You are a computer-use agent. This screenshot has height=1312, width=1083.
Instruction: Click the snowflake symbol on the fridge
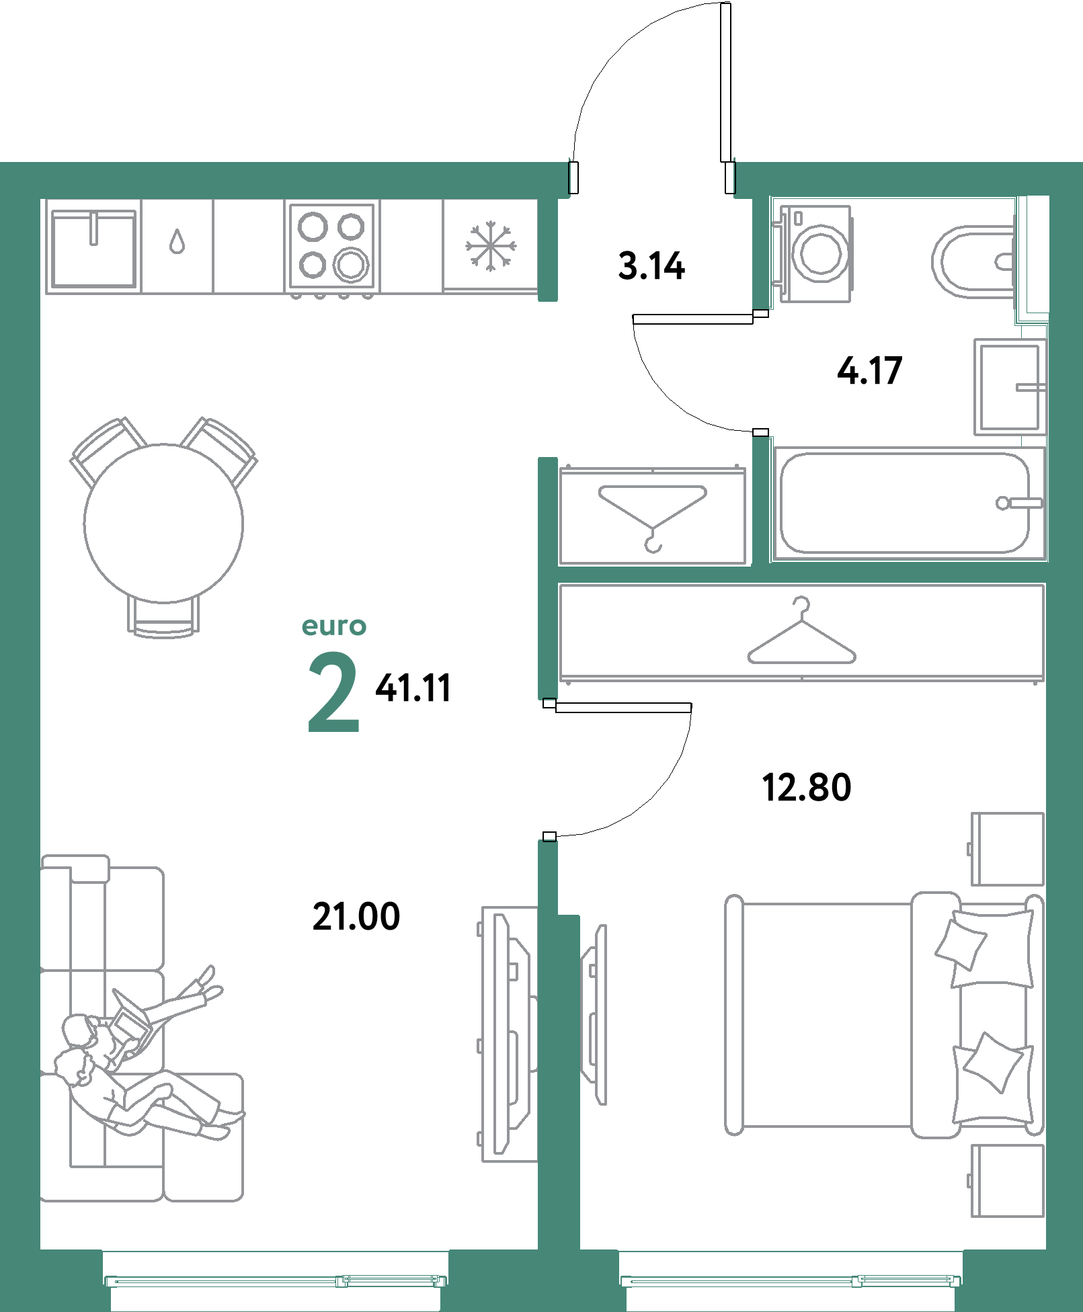491,246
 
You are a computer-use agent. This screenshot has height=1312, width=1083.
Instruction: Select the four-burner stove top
332,246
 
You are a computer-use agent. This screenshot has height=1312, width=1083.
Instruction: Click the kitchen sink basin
93,247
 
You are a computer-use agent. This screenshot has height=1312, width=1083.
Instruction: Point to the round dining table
163,523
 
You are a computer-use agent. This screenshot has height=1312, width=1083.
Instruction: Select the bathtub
904,503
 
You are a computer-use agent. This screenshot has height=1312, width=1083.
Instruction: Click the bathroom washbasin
1010,386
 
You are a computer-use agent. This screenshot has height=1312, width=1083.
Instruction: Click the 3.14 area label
651,265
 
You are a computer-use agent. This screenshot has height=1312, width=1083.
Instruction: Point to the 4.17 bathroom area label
869,371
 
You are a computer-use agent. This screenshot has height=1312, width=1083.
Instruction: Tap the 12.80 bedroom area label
806,787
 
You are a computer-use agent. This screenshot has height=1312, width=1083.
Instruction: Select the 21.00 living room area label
356,916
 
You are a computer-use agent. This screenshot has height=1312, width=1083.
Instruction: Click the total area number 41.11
413,688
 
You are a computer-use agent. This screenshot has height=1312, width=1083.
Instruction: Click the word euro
333,626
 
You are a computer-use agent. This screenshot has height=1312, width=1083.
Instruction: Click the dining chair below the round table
163,618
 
